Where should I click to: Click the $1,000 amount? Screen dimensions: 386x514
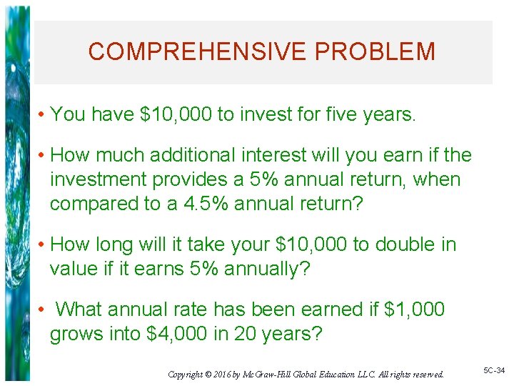[414, 310]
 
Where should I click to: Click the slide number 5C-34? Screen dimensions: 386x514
[493, 370]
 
